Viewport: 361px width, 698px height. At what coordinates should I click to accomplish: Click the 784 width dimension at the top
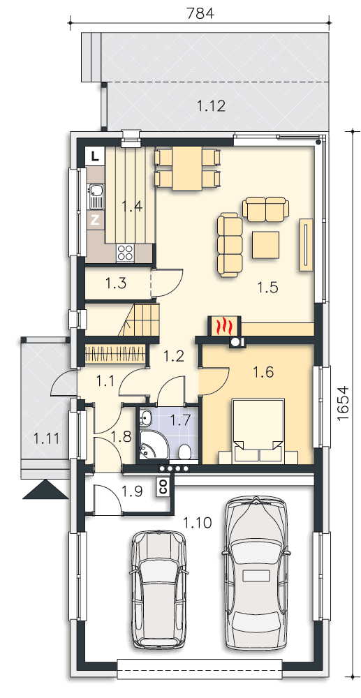(200, 13)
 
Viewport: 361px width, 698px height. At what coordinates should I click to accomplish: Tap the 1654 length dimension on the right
(344, 403)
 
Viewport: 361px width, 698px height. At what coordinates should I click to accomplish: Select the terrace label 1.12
(212, 106)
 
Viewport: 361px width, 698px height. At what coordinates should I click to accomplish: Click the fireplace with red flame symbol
(224, 325)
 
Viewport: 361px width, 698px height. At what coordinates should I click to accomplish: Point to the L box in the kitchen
(94, 156)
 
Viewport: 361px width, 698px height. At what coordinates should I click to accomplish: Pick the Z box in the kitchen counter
(95, 220)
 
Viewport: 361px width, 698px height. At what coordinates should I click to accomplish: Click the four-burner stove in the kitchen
(125, 253)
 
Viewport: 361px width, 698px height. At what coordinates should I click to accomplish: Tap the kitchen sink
(95, 197)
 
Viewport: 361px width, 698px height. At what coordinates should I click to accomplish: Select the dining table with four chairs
(187, 168)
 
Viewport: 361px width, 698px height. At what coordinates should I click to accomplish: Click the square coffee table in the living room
(266, 244)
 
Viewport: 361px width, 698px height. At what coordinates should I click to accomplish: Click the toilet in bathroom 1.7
(184, 452)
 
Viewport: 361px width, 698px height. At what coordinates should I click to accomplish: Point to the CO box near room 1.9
(163, 486)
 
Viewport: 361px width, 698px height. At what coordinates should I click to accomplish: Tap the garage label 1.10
(197, 523)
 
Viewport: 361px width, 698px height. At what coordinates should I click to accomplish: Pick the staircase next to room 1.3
(139, 319)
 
